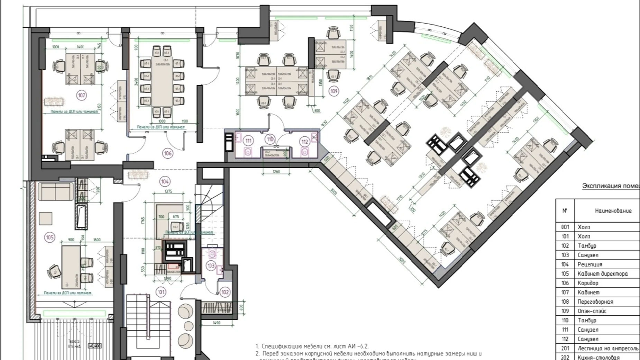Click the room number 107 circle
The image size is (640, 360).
tap(82, 95)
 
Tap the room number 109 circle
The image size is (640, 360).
tap(334, 91)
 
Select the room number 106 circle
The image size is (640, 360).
tap(168, 153)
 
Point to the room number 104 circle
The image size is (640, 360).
tap(165, 181)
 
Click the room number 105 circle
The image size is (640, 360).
tap(50, 237)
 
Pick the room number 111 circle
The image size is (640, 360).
tap(248, 141)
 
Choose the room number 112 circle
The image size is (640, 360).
tap(305, 141)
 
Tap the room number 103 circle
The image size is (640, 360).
tap(211, 266)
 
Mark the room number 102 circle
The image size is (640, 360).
tap(225, 292)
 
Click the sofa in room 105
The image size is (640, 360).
tap(56, 192)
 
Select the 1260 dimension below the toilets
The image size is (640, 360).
tap(276, 171)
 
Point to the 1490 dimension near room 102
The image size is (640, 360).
tap(216, 323)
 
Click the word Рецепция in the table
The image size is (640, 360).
tap(588, 264)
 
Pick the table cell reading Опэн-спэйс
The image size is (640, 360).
tap(592, 311)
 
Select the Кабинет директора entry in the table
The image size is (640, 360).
tap(602, 274)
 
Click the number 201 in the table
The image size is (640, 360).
tap(565, 349)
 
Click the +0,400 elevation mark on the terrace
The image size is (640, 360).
tap(94, 345)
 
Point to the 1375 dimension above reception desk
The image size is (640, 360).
tap(168, 191)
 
